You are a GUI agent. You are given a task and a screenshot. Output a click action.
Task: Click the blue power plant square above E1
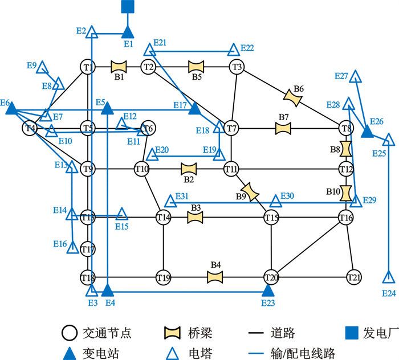(128, 7)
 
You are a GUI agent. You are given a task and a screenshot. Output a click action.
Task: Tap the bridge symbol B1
(118, 67)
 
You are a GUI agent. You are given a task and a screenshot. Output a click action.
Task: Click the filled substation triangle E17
(195, 108)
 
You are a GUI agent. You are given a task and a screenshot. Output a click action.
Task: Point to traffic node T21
(354, 278)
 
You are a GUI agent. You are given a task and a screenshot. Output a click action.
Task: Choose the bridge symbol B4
(215, 277)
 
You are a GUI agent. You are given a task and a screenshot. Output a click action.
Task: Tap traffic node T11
(231, 169)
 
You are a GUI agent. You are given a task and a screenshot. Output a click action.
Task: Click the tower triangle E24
(388, 278)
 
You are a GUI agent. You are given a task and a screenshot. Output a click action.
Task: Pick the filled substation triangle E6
(11, 108)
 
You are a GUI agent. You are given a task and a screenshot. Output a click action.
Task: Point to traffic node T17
(87, 249)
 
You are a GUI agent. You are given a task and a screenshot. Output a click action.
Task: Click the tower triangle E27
(355, 76)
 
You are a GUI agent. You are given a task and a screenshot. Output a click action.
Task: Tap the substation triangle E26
(368, 132)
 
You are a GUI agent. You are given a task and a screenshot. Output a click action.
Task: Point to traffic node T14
(164, 217)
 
